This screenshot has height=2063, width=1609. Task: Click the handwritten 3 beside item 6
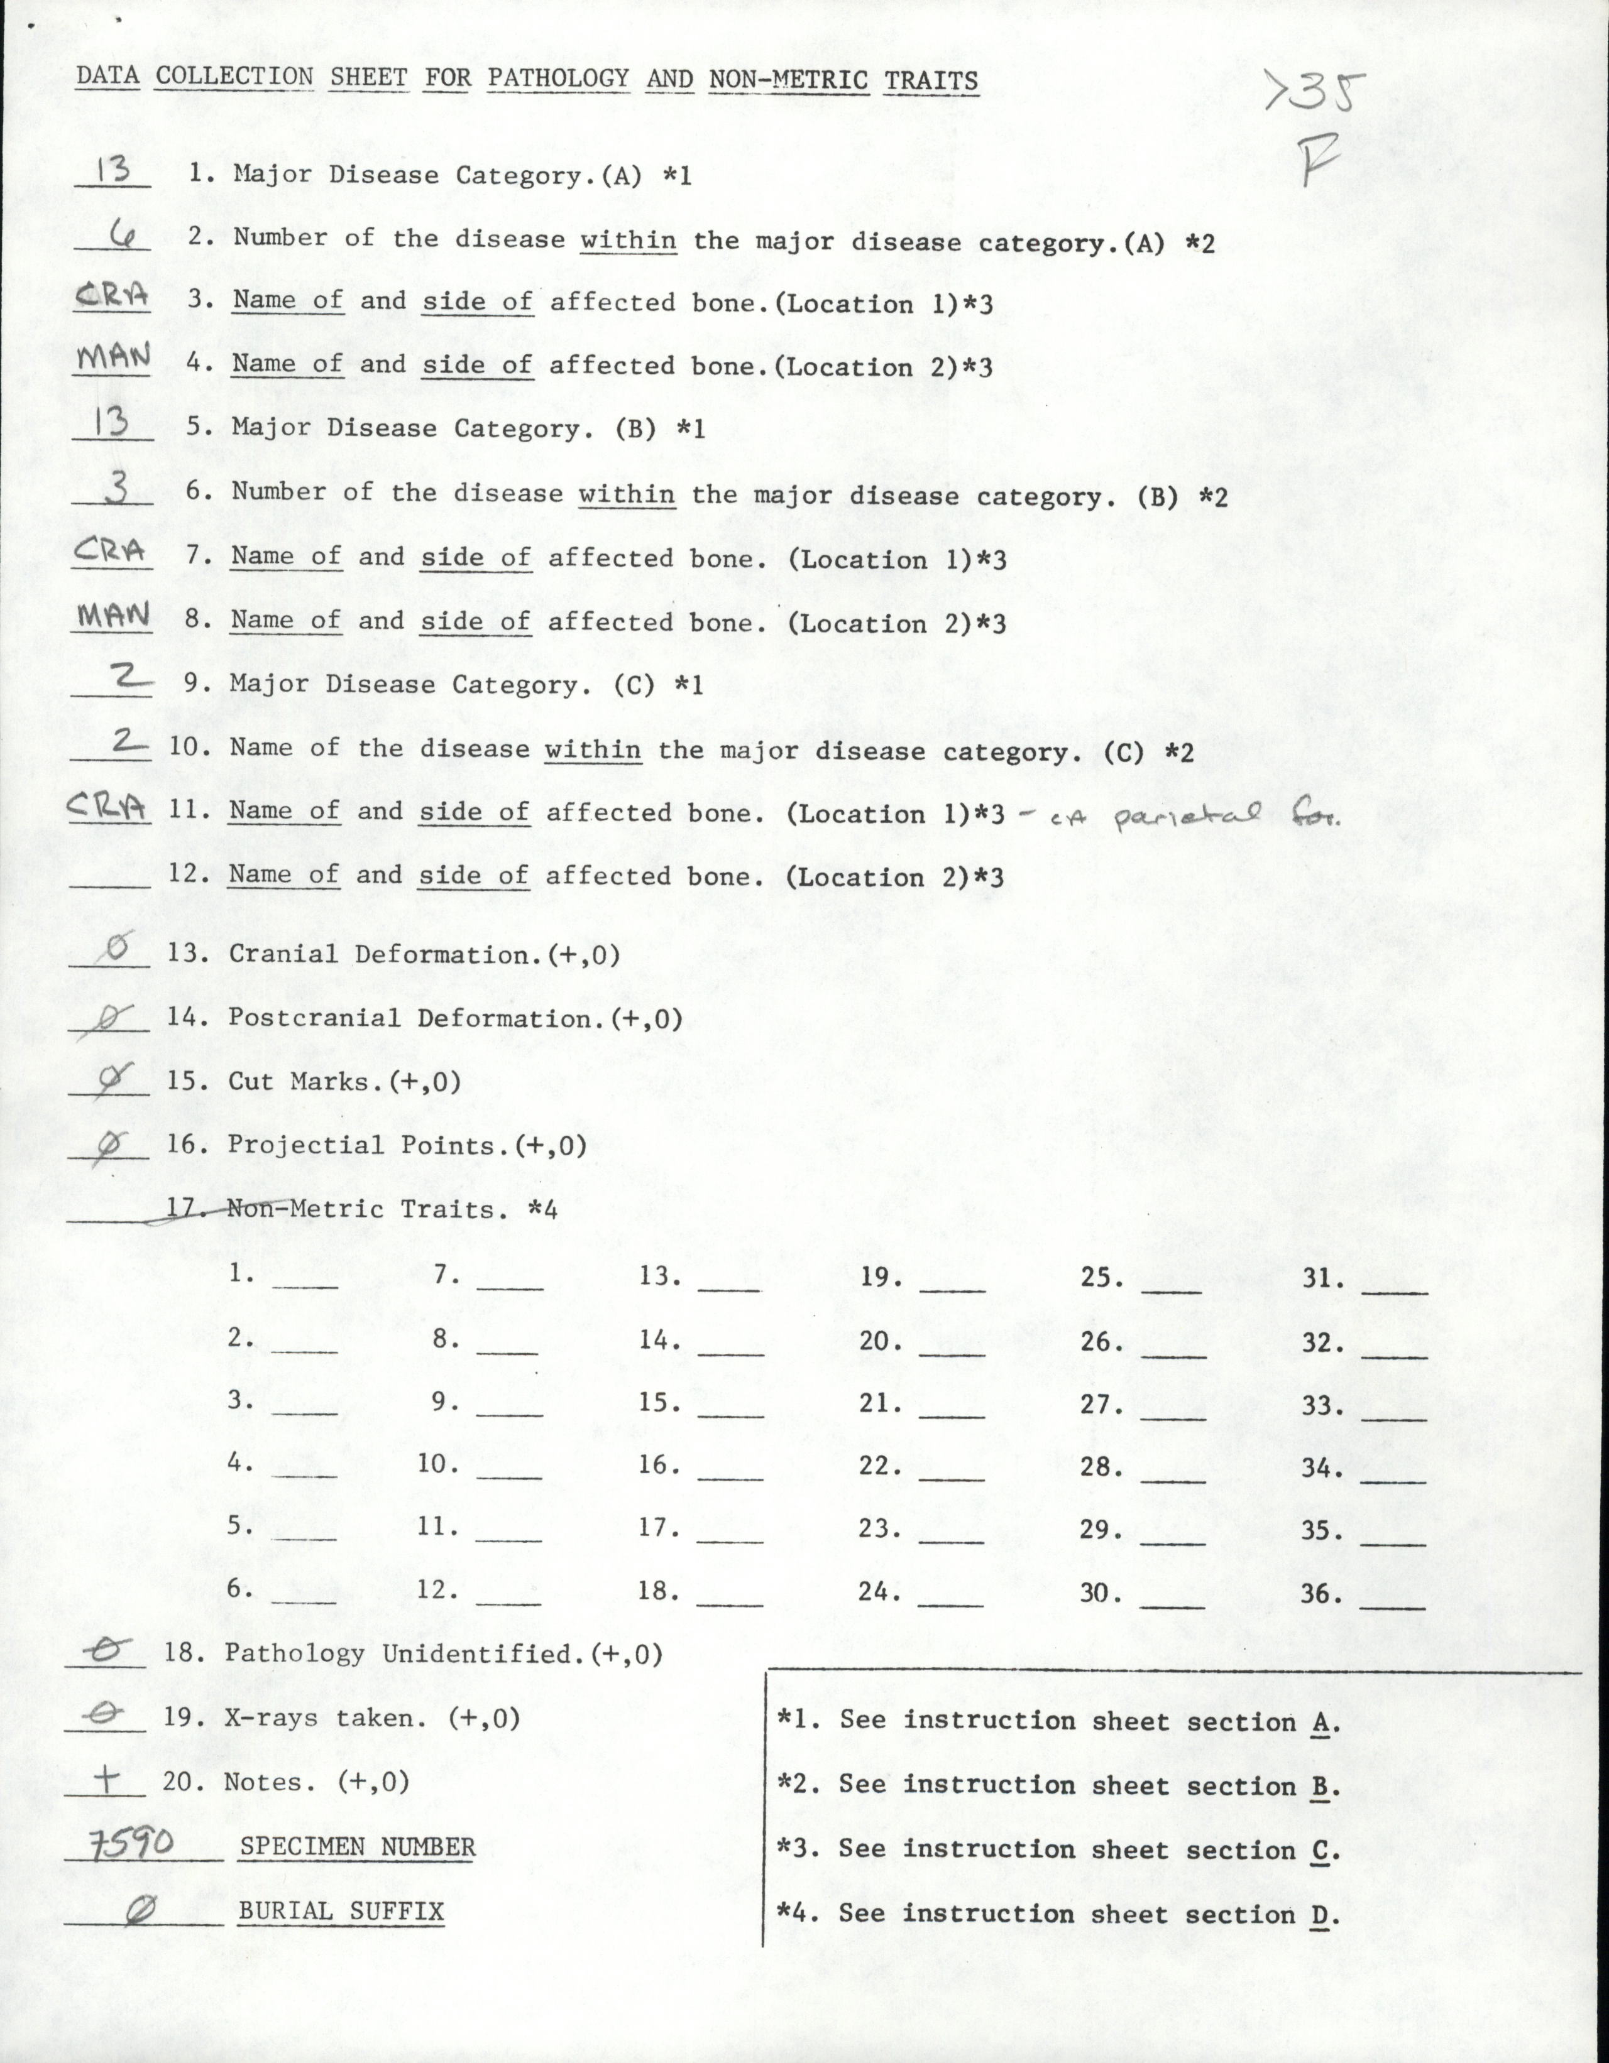pyautogui.click(x=113, y=488)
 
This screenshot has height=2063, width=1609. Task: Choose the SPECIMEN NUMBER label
pyautogui.click(x=357, y=1848)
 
